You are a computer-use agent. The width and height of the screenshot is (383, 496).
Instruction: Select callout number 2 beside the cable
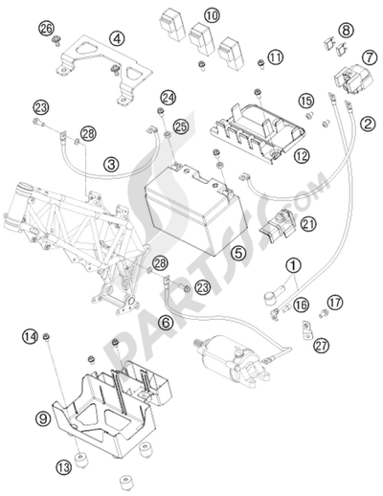coord(367,124)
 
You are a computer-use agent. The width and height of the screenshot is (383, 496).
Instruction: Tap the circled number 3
coord(112,165)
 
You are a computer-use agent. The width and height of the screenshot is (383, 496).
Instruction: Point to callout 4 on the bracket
coord(117,39)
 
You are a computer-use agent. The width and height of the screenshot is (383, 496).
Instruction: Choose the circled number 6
coord(166,323)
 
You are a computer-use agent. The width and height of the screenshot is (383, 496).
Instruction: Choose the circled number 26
coord(46,31)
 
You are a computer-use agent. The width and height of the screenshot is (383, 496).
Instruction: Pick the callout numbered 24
coord(169,98)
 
